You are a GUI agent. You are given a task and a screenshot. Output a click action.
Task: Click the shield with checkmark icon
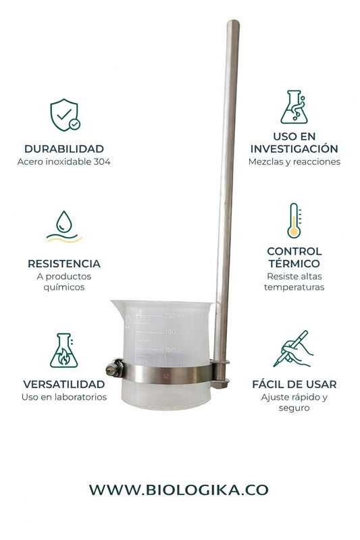[65, 115]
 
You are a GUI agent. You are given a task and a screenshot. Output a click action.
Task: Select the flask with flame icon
[63, 350]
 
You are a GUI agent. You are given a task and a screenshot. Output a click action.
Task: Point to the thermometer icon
[293, 221]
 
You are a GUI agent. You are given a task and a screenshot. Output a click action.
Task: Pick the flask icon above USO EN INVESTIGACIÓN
[293, 107]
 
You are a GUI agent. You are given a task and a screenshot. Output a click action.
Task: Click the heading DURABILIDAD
[64, 148]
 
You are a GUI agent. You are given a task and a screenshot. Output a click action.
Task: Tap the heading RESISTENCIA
[64, 263]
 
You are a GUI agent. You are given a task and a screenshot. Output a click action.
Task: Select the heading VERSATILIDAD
[64, 384]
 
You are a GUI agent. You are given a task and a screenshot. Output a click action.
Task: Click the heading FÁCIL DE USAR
[294, 384]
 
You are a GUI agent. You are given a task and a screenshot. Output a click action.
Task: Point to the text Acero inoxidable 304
[64, 162]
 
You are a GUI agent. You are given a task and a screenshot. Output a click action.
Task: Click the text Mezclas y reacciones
[294, 162]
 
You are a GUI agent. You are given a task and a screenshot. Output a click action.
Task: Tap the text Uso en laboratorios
[64, 397]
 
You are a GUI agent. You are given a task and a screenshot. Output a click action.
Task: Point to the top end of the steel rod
[232, 24]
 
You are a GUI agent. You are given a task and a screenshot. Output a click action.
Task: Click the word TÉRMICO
[294, 263]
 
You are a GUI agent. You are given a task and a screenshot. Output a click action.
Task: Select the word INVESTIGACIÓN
[294, 148]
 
